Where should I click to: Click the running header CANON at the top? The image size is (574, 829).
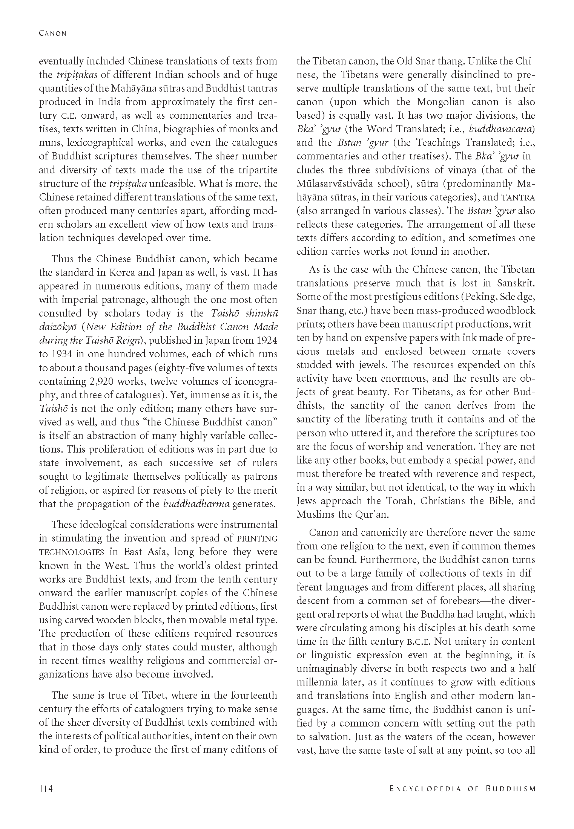52,34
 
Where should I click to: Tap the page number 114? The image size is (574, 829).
46,789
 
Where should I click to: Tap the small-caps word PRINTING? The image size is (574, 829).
257,538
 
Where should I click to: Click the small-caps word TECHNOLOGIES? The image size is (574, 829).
71,552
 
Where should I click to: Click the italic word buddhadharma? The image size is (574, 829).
196,504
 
